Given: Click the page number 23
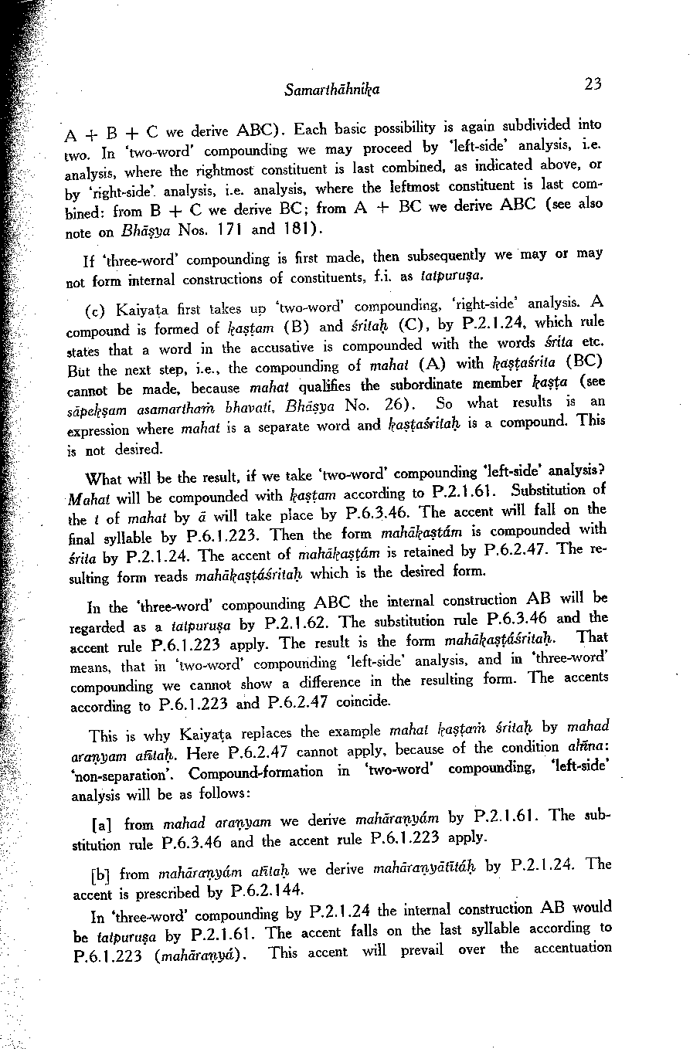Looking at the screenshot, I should tap(593, 83).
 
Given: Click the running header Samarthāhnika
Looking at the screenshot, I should tap(331, 90).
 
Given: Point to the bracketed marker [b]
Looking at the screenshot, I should tap(100, 874).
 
